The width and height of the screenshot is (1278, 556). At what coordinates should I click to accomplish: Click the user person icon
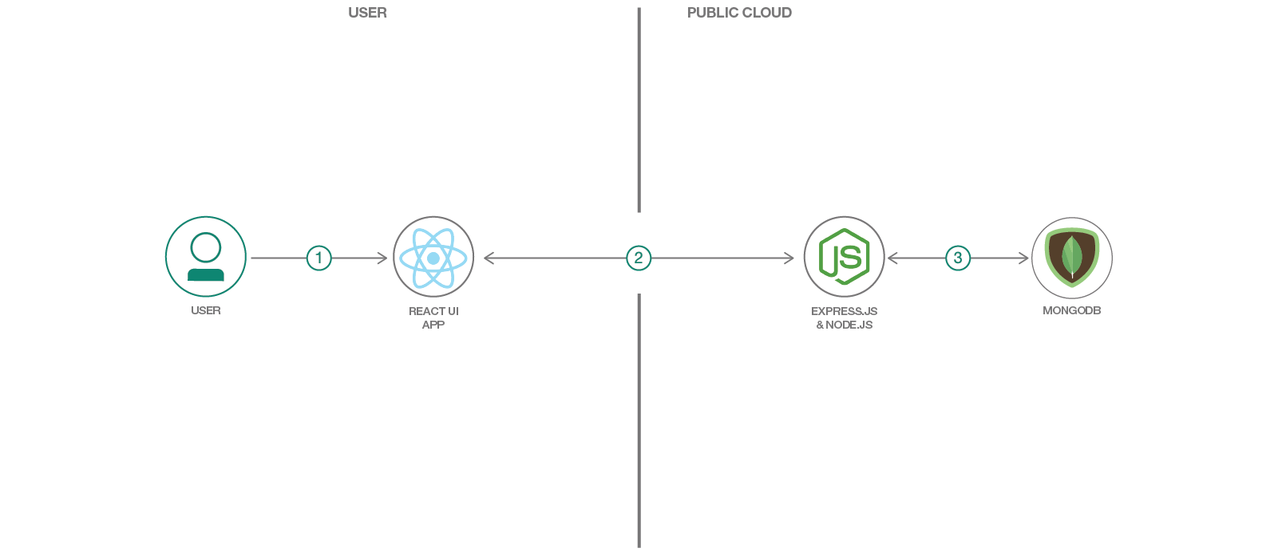tap(206, 257)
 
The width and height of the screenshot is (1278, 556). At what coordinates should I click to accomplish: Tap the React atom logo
tap(433, 258)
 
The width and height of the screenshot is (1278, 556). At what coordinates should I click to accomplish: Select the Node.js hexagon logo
tap(844, 257)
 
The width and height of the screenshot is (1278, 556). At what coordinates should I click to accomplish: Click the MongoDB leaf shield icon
tap(1072, 257)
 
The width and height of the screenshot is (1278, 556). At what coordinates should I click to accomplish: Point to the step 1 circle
tap(319, 258)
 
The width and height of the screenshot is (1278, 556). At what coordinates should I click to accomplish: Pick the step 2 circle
tap(639, 258)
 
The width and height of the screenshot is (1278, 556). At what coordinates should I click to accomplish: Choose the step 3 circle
tap(958, 258)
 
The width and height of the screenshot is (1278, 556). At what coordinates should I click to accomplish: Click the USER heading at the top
tap(367, 13)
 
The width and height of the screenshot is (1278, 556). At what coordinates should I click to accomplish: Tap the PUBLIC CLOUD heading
tap(739, 13)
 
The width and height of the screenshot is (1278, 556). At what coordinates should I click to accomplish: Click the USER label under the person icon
tap(206, 310)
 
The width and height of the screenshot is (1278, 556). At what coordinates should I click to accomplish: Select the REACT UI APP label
tap(433, 317)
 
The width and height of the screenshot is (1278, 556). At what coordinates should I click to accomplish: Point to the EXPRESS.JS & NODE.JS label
tap(844, 317)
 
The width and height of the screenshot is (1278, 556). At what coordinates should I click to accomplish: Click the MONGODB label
tap(1071, 310)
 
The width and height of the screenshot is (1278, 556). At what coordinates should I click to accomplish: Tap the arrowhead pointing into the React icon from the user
tap(383, 258)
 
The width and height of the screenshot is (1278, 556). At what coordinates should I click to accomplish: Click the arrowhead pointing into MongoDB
tap(1025, 258)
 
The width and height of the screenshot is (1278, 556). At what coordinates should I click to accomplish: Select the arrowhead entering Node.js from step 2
tap(789, 258)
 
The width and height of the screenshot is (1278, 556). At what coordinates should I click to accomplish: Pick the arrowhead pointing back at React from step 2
tap(488, 258)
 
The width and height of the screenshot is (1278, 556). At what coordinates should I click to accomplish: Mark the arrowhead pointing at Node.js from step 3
tap(892, 258)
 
